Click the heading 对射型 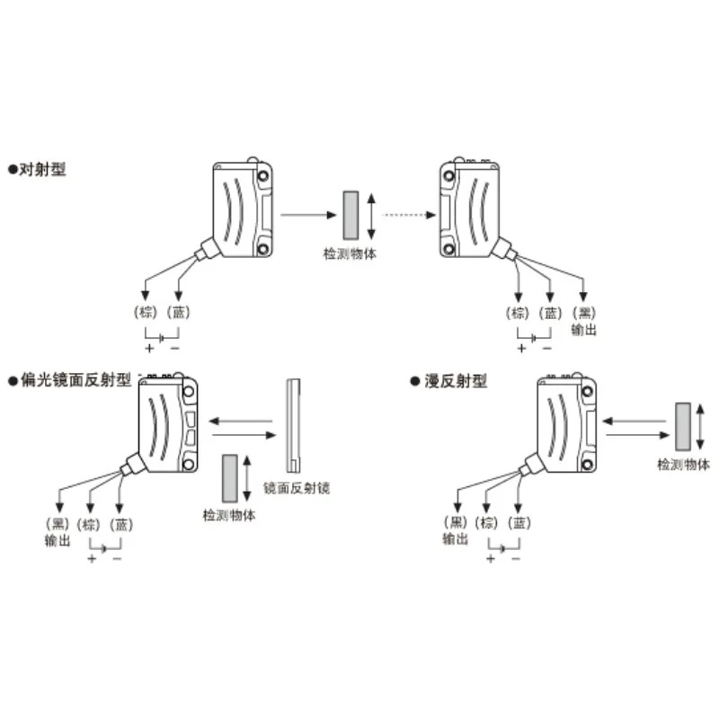point(42,169)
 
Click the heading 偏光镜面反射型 point(75,380)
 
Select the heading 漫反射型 point(456,380)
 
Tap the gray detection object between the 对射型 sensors point(351,215)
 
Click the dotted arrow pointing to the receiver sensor point(409,215)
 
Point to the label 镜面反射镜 point(297,488)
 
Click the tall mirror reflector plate point(294,425)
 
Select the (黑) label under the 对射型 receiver point(584,313)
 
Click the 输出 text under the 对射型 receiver point(583,330)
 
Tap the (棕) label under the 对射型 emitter point(146,312)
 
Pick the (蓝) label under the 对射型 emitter point(178,312)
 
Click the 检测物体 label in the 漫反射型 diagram point(684,465)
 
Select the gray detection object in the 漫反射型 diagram point(683,426)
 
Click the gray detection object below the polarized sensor point(230,478)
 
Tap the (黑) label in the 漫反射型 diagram point(456,522)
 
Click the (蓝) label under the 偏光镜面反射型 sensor point(121,524)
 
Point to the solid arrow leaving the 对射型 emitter point(308,215)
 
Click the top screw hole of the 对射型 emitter point(263,176)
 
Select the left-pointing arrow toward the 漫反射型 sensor point(634,421)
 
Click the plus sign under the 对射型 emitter point(149,348)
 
